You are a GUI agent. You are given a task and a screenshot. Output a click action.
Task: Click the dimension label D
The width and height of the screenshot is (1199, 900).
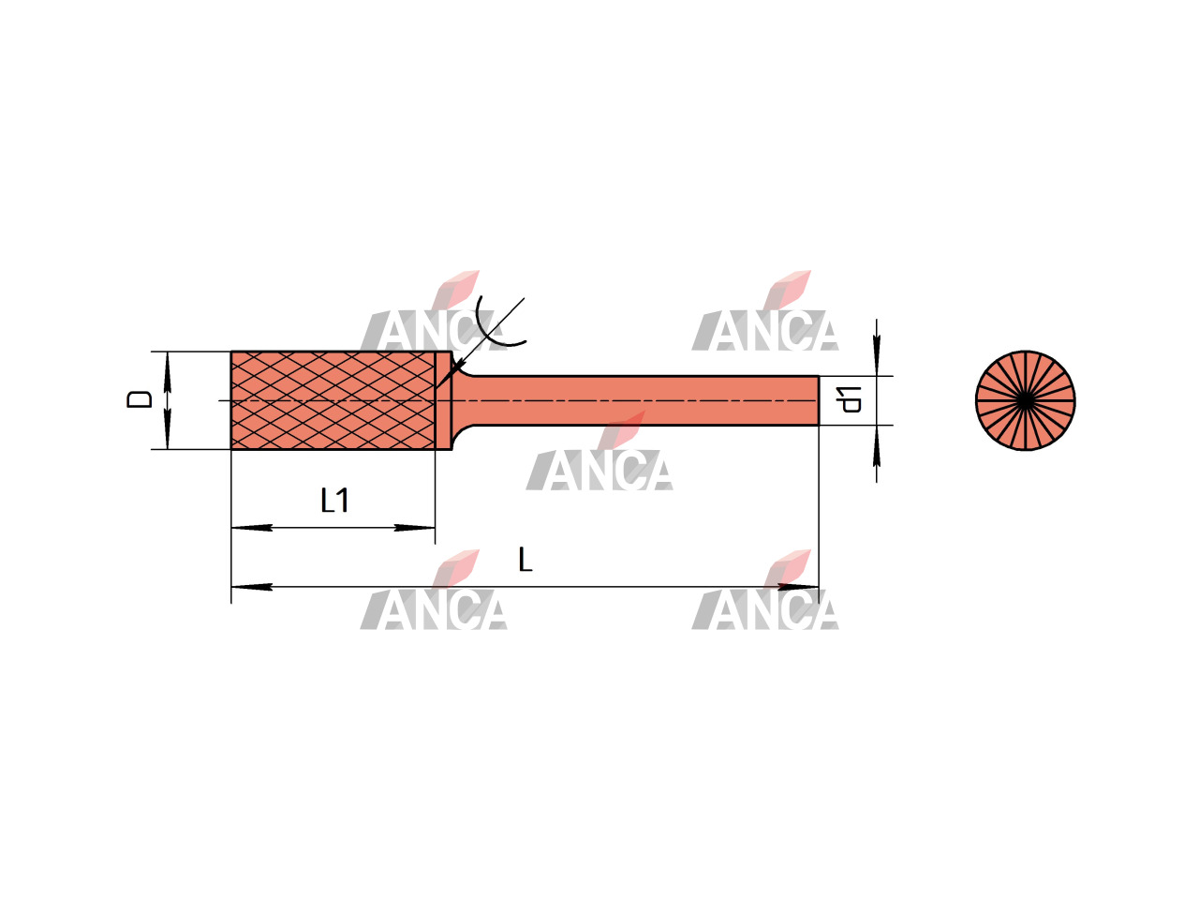coord(140,399)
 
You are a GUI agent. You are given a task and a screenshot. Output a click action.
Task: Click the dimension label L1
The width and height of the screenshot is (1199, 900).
coord(334,501)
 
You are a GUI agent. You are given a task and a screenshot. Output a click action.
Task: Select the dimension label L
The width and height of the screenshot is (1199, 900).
coord(525,560)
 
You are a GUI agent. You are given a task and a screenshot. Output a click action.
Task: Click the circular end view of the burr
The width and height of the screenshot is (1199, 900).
coord(1026,400)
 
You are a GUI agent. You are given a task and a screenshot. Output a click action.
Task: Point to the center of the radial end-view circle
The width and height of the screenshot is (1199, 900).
coord(1026,400)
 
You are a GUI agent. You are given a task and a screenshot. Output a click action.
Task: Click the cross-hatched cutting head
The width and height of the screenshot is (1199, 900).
coord(333,400)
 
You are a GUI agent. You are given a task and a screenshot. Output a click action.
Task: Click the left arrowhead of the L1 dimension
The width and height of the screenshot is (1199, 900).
coord(252,528)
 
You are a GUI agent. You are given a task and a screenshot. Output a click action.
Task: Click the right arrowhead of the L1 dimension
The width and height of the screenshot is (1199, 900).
coord(415,528)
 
